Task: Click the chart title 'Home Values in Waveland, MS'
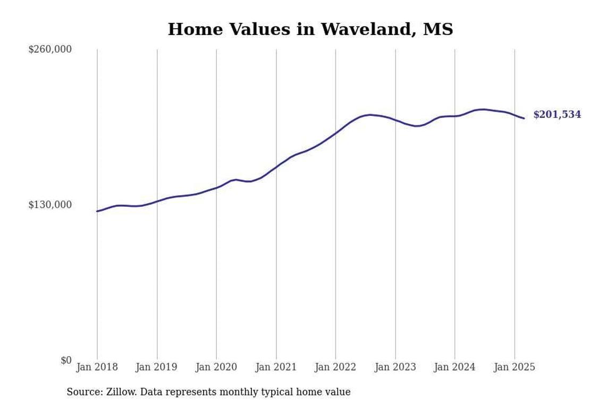(x=310, y=29)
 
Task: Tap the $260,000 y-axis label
(x=50, y=49)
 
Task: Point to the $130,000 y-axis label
(x=50, y=205)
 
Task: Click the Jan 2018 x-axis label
(x=97, y=367)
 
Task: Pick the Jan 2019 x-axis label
(x=156, y=367)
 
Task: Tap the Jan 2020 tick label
(x=216, y=367)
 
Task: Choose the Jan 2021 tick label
(x=276, y=367)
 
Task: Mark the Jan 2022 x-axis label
(x=335, y=367)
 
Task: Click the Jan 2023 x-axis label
(x=395, y=367)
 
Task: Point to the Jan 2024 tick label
(x=454, y=367)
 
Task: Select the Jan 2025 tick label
(x=515, y=367)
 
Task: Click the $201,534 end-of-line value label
(x=557, y=115)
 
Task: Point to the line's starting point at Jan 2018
(x=97, y=211)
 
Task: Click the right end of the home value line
(x=524, y=118)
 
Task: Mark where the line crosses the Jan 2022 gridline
(x=335, y=132)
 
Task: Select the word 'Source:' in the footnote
(x=84, y=392)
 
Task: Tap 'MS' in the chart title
(x=438, y=29)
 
